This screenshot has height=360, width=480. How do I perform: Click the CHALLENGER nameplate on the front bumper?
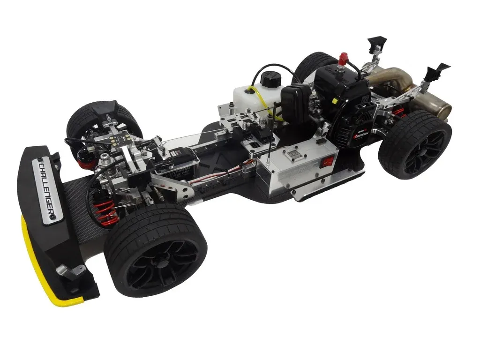(x=47, y=189)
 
